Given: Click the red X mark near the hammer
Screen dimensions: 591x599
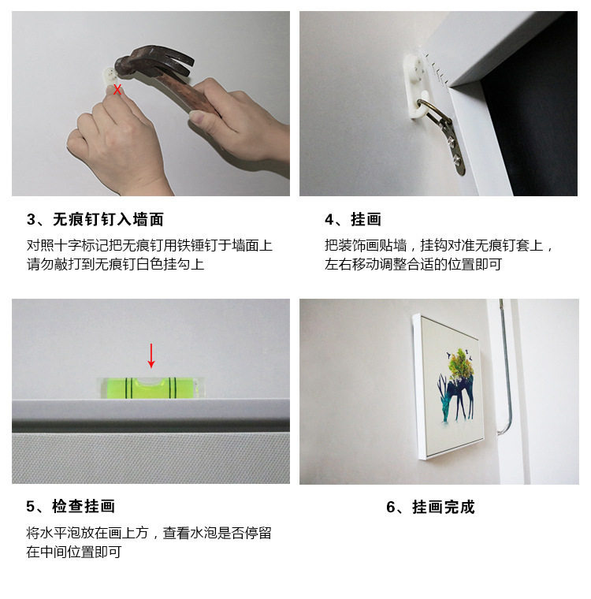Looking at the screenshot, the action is click(x=117, y=90).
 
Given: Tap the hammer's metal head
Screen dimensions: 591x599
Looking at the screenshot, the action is click(x=153, y=62).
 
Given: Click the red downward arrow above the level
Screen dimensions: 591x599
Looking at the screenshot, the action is click(x=151, y=355).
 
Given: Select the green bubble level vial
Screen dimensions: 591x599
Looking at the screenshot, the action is click(x=151, y=388).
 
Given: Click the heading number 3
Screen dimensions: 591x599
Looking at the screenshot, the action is click(x=31, y=220).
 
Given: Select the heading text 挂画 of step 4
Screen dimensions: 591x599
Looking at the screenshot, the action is click(x=366, y=220).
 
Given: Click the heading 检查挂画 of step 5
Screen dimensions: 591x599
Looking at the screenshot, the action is click(x=84, y=506).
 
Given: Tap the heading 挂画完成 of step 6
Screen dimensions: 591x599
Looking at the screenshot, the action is click(x=444, y=508).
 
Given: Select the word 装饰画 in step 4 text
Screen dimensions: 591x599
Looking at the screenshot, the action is click(x=359, y=245).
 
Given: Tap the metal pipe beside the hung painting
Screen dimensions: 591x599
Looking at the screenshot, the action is click(x=505, y=366).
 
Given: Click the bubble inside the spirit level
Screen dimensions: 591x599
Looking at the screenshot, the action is click(x=151, y=381).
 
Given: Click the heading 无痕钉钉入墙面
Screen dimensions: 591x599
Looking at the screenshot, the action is click(x=109, y=220).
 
